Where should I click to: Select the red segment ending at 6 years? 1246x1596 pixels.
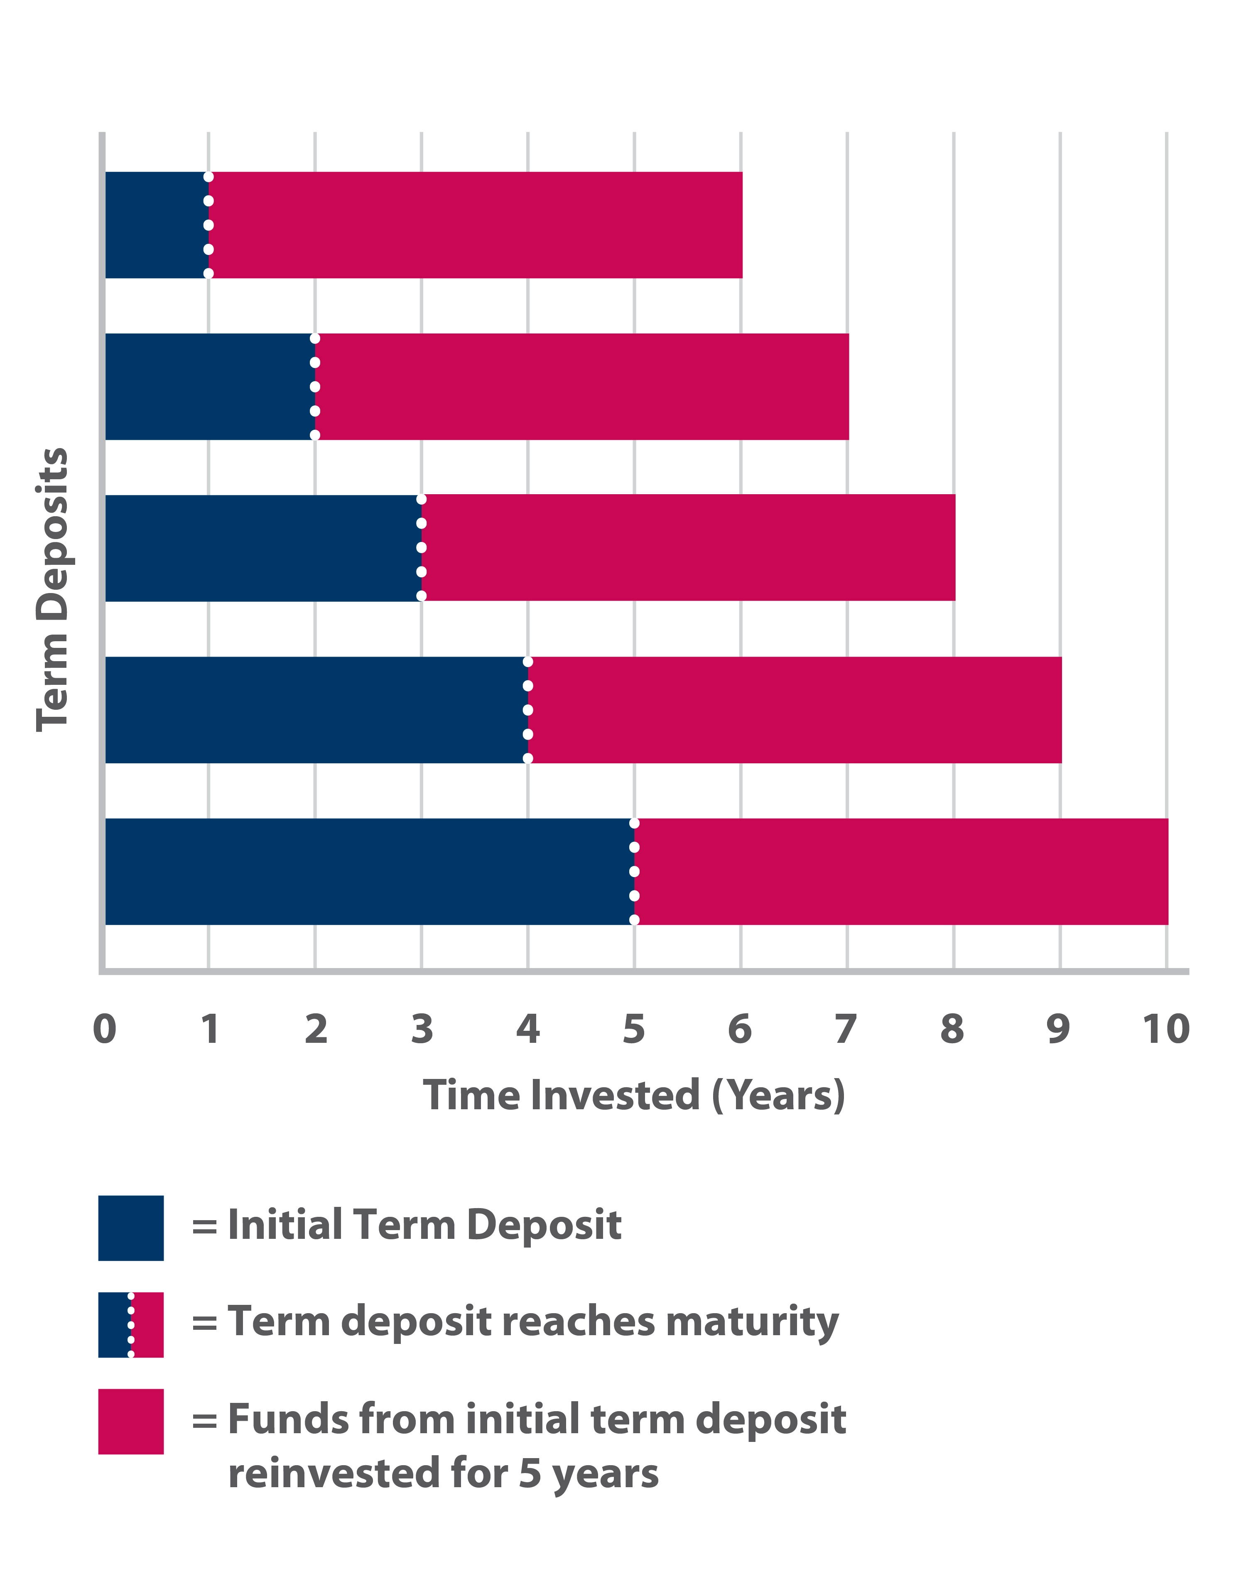[475, 225]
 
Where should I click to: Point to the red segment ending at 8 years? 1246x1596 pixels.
[688, 548]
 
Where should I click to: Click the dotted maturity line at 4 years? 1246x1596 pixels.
[527, 710]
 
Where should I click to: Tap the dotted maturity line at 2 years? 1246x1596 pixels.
[315, 387]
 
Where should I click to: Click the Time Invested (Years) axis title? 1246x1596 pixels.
[634, 1096]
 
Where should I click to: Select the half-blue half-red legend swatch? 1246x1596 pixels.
[131, 1325]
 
